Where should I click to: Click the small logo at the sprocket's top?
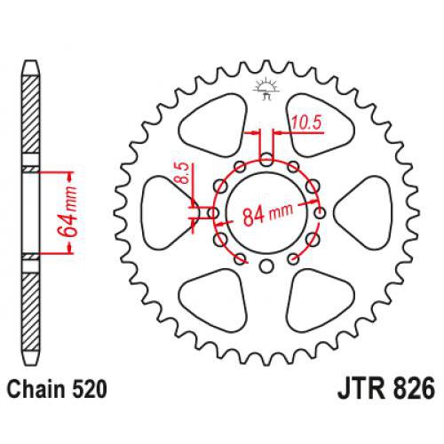coord(264,86)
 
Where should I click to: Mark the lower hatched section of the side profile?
coord(30,306)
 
